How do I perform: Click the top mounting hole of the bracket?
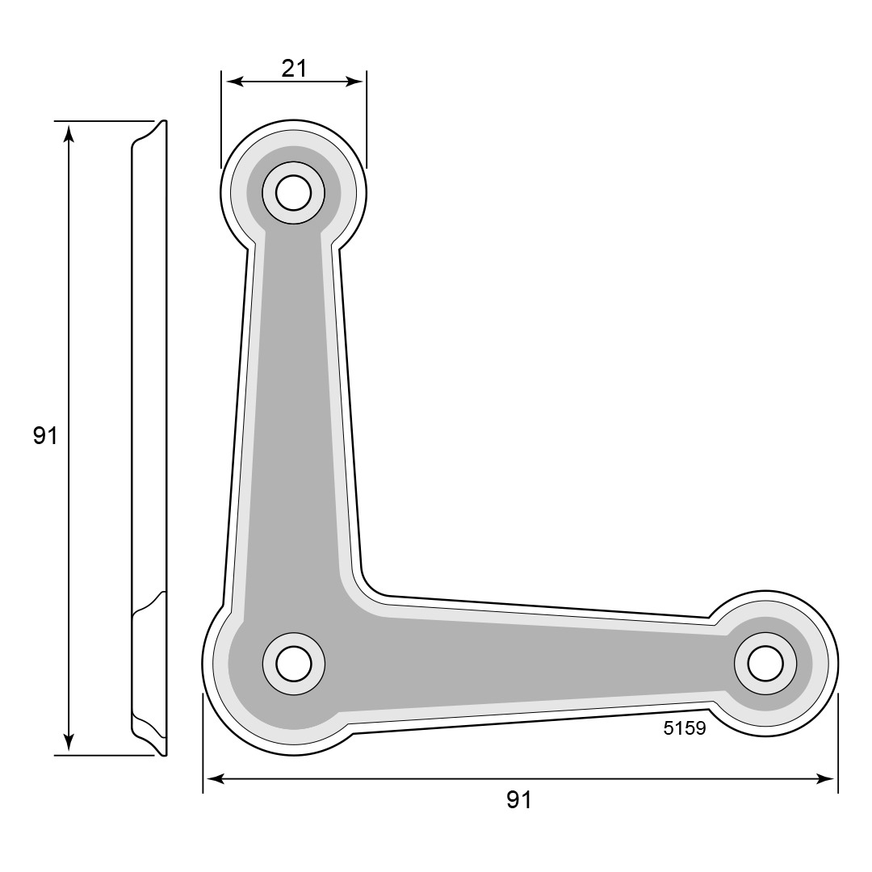pos(293,193)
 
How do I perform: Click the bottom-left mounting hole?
pos(293,664)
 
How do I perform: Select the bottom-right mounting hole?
pos(765,664)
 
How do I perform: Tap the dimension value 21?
pos(294,69)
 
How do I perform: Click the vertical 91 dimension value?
pos(45,435)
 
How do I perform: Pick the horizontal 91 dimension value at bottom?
pos(519,799)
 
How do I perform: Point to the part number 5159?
pos(685,728)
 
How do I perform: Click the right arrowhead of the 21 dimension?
pos(354,82)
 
